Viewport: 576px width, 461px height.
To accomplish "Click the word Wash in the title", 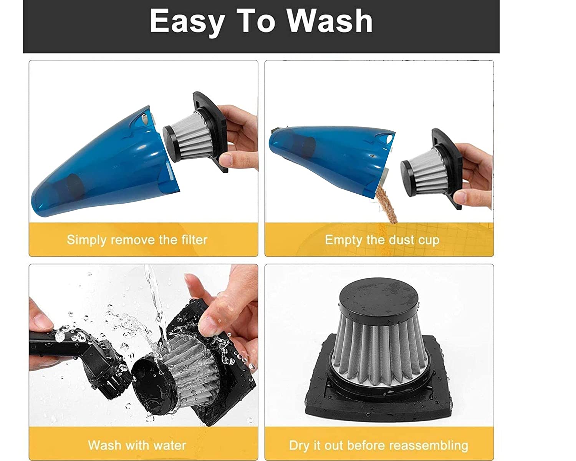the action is pos(329,21).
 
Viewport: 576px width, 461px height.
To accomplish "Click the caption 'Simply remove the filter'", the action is pos(137,240).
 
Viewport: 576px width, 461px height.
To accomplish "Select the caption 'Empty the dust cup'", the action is pos(382,240).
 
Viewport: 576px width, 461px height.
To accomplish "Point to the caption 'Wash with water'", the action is pos(137,446).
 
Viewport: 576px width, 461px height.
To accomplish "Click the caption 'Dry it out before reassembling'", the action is pos(379,446).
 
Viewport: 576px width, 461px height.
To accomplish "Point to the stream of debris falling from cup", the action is pos(386,204).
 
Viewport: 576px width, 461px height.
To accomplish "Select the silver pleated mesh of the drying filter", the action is pos(378,351).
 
